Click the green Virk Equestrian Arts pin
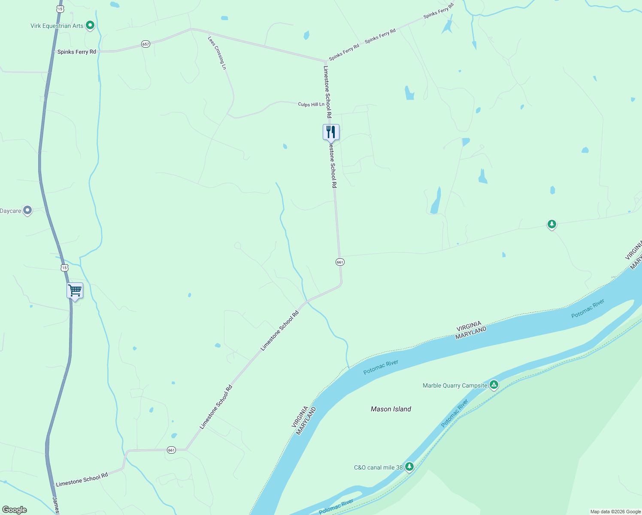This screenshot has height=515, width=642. click(x=90, y=25)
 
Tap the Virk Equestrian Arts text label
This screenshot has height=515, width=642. click(x=57, y=26)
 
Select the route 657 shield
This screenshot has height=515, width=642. click(x=146, y=44)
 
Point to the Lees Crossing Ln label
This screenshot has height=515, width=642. click(x=217, y=53)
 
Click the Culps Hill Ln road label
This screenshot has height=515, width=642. click(x=311, y=104)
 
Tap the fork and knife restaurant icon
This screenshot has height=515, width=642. click(x=331, y=132)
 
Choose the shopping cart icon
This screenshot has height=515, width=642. click(x=75, y=291)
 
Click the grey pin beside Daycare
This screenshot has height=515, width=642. click(x=27, y=210)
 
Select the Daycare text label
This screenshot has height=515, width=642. click(x=10, y=211)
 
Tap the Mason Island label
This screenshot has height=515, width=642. click(x=391, y=409)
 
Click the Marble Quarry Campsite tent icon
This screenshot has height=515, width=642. click(x=494, y=385)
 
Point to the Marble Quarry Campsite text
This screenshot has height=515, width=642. click(x=455, y=385)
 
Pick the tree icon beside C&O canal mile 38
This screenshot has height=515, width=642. click(x=409, y=466)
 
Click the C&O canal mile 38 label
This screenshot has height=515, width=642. click(x=378, y=467)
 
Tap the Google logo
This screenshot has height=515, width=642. click(x=15, y=509)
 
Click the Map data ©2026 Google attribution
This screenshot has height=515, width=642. click(x=615, y=512)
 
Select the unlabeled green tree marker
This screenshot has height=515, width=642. click(x=552, y=224)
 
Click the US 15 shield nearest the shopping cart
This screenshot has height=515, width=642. click(x=64, y=268)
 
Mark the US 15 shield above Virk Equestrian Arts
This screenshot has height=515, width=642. click(x=60, y=9)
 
